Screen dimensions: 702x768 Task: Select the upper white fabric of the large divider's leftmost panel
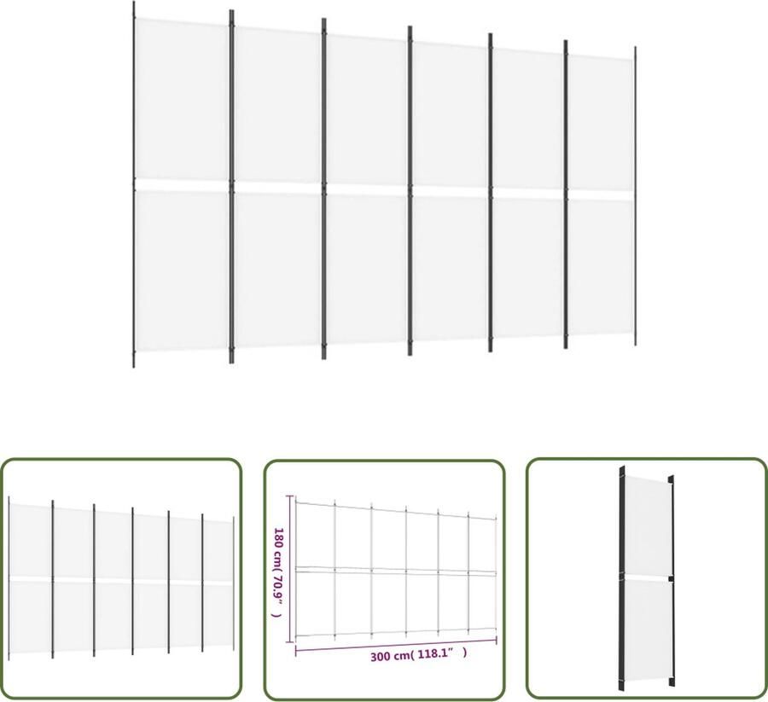tap(182, 102)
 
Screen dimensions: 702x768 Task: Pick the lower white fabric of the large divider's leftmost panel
tap(182, 269)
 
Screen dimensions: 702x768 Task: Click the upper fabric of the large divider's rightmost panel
tap(601, 124)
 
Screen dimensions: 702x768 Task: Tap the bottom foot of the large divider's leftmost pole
tap(134, 362)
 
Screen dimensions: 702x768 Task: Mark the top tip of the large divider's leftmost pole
tap(134, 5)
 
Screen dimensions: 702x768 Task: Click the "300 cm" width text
tap(390, 657)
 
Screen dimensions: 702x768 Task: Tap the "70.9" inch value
tap(277, 591)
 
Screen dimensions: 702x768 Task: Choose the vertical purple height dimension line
tap(292, 567)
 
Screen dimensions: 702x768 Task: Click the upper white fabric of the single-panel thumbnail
tap(648, 525)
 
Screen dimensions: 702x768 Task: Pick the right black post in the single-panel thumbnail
tap(672, 580)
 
